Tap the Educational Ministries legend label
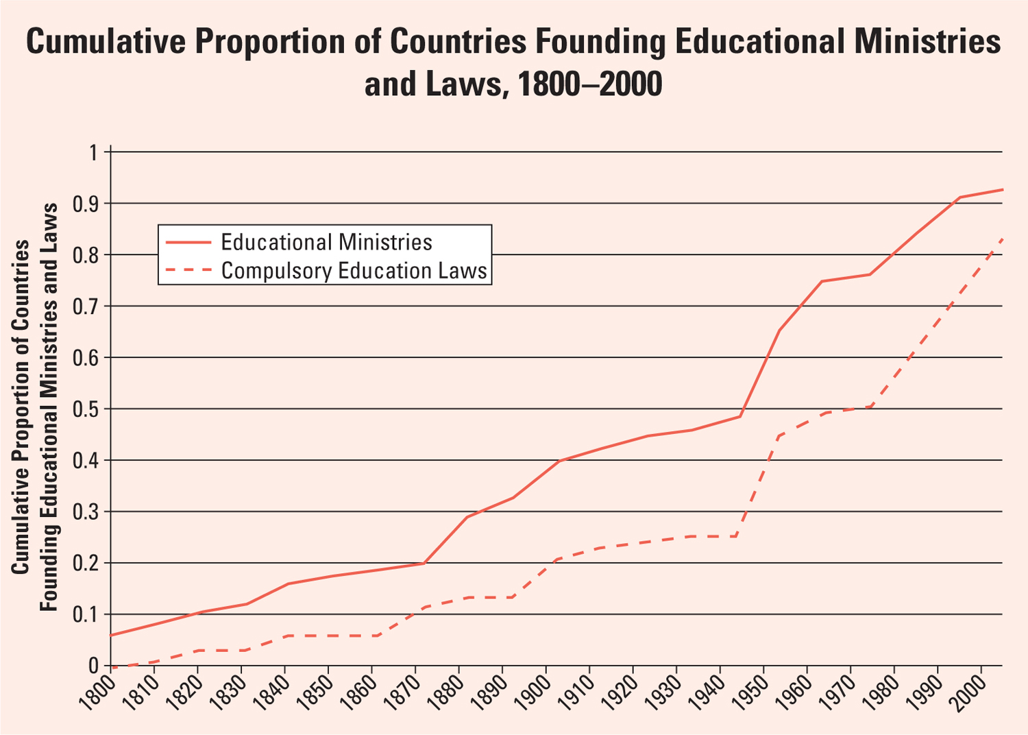[x=326, y=242]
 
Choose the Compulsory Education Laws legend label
[x=354, y=271]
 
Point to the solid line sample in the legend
[x=187, y=242]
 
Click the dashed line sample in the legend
[x=187, y=271]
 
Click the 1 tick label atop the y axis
[x=94, y=152]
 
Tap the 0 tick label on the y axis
[x=94, y=666]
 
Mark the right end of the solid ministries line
[x=1002, y=189]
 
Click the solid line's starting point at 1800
[x=111, y=635]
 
